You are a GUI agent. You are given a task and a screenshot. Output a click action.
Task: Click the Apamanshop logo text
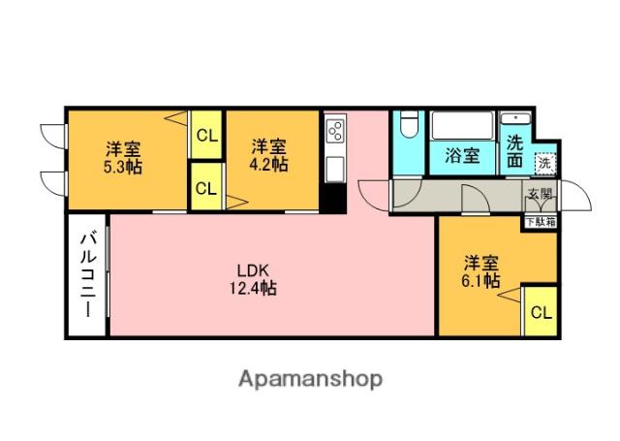click(310, 378)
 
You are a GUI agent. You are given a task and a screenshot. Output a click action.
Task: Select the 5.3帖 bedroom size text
click(123, 166)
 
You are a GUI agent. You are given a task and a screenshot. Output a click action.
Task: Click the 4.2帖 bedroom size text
click(268, 165)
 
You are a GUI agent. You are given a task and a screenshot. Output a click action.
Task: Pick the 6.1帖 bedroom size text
click(480, 280)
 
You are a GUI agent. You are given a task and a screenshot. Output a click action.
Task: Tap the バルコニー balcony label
click(87, 275)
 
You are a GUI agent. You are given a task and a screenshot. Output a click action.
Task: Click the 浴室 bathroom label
click(461, 155)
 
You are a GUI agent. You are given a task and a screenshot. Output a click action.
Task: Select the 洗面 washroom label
click(514, 150)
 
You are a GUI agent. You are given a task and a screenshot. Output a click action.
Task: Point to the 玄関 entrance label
click(540, 194)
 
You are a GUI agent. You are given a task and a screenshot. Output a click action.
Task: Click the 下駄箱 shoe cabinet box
click(540, 221)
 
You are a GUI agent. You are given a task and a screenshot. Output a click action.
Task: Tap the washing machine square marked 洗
click(545, 163)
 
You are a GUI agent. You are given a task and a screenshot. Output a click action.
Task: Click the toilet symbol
click(408, 127)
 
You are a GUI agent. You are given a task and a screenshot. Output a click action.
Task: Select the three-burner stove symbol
click(335, 131)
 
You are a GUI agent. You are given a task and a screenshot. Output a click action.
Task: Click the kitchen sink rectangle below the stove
click(335, 167)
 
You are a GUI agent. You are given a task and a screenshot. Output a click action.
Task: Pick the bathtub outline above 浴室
click(461, 126)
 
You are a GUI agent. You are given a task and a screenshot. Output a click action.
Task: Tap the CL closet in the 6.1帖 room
click(541, 312)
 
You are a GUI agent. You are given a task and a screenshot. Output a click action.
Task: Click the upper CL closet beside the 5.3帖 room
click(205, 136)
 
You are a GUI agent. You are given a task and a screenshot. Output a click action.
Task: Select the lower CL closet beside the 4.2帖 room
click(205, 188)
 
